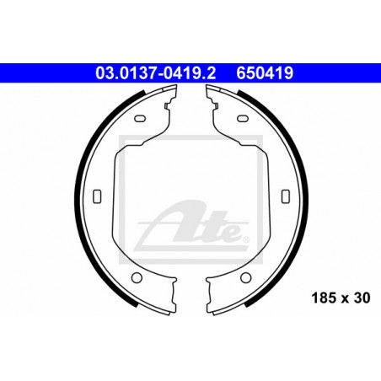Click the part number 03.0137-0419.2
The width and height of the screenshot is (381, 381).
(x=155, y=73)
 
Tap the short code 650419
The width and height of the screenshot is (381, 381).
(x=265, y=73)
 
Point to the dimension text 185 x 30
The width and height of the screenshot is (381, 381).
(x=341, y=298)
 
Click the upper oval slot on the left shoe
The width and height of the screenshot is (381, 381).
(x=140, y=118)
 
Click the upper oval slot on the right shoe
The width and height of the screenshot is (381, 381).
(x=243, y=118)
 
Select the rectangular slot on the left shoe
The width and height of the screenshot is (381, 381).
(x=97, y=196)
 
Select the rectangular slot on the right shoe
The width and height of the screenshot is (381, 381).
(x=286, y=196)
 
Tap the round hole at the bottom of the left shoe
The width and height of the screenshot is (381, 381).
(x=137, y=277)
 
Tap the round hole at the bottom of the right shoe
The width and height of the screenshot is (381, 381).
(x=246, y=277)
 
